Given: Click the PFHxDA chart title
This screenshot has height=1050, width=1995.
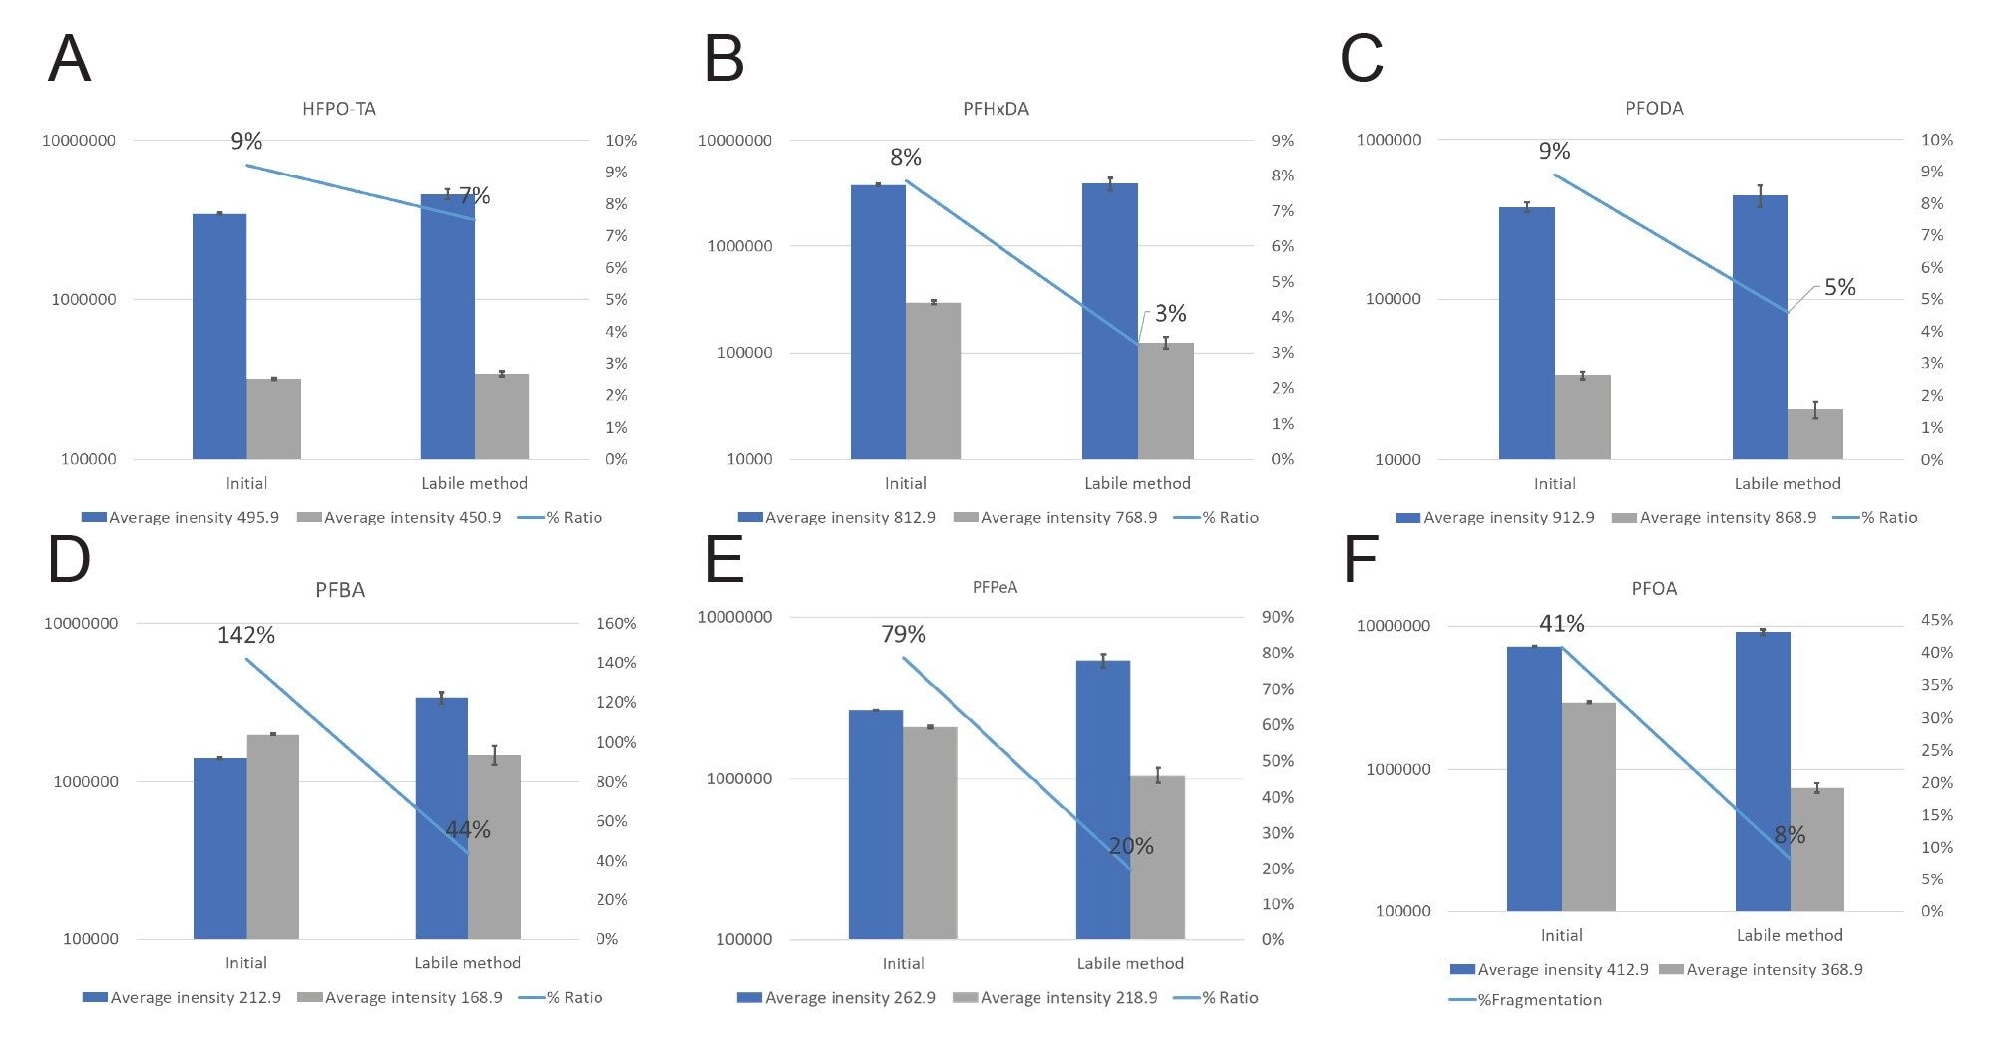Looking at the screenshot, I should click(996, 109).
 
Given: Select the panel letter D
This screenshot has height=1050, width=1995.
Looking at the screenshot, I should click(69, 560).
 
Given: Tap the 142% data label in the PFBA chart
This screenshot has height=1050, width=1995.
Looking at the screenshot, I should click(245, 635).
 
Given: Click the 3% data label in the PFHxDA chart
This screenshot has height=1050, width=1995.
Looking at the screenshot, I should click(1170, 314).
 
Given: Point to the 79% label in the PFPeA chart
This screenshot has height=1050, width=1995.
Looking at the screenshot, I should click(903, 634).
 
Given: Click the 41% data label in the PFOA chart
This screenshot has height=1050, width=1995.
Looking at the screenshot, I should click(1561, 624).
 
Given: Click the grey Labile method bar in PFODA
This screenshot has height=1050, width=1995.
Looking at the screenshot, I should click(1814, 434).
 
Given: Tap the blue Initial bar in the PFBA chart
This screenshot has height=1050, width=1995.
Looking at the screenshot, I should click(219, 848).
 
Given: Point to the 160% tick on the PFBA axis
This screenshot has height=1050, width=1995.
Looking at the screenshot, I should click(615, 623).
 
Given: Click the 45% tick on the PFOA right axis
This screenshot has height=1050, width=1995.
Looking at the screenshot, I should click(1936, 620).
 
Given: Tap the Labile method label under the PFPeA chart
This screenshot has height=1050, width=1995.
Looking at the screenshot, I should click(1130, 963).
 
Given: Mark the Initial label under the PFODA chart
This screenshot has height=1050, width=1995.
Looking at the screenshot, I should click(1554, 483).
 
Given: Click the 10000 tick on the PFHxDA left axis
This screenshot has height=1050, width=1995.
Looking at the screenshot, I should click(749, 459).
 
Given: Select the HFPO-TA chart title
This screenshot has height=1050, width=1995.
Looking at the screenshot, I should click(339, 109).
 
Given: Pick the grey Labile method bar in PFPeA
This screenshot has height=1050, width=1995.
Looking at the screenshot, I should click(1157, 857).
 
